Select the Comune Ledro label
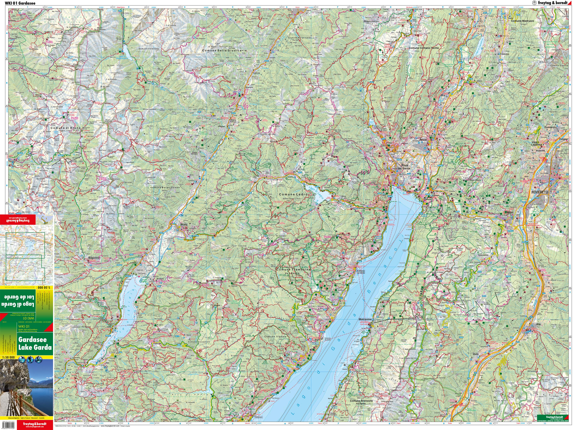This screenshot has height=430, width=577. point(293,195)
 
